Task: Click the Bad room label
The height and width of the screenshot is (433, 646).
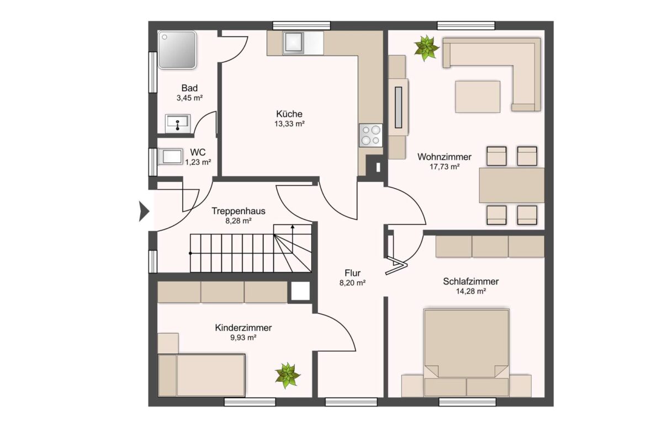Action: (x=189, y=88)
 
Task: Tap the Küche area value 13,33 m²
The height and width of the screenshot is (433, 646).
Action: (x=289, y=124)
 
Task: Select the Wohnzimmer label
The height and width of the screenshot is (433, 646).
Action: (x=444, y=157)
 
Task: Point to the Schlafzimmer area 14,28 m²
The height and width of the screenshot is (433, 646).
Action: (x=470, y=291)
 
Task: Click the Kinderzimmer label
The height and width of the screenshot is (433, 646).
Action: (x=243, y=328)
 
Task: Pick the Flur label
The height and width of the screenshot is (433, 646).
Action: (x=353, y=273)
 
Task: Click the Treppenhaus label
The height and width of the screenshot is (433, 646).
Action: (x=238, y=211)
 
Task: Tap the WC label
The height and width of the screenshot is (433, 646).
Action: (x=198, y=152)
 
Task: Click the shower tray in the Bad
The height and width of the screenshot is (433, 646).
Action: (x=177, y=50)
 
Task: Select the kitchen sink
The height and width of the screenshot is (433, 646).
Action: (x=293, y=43)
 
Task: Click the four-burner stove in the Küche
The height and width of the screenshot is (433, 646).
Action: (x=370, y=135)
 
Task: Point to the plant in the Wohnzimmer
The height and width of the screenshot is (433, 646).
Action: (x=426, y=47)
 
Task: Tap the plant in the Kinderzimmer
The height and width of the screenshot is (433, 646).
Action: (x=288, y=376)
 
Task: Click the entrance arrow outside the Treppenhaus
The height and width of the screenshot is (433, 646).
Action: (x=144, y=212)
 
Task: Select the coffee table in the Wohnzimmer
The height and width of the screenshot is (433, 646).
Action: (x=478, y=97)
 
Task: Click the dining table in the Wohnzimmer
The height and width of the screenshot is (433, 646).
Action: (x=512, y=185)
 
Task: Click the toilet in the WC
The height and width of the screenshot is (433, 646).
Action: (x=170, y=157)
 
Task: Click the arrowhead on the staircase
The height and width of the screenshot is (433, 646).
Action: (x=293, y=226)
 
